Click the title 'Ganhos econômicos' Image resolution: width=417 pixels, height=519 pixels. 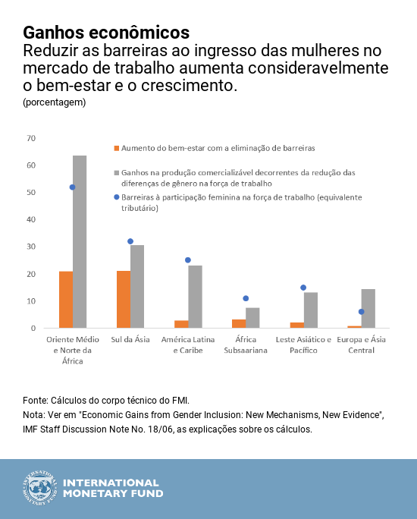[x=106, y=33]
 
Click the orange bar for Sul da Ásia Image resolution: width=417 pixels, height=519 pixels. [x=124, y=299]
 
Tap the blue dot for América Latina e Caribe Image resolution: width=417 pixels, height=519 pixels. [x=188, y=260]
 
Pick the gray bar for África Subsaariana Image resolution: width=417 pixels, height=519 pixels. [x=252, y=318]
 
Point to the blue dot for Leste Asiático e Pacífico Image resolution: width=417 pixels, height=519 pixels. [x=303, y=288]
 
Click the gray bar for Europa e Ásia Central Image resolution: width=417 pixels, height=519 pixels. [x=368, y=308]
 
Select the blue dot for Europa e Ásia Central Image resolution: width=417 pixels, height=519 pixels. [x=361, y=312]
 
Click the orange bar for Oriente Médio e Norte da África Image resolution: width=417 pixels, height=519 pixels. [x=66, y=300]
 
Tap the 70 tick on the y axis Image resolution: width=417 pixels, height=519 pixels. [x=31, y=138]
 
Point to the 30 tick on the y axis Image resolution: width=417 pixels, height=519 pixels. [x=31, y=247]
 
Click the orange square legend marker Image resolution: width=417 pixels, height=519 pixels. [x=116, y=148]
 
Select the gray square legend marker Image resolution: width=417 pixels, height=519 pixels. [x=116, y=173]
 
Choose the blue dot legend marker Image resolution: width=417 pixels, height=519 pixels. [x=116, y=197]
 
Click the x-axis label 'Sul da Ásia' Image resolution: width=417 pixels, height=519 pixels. [x=130, y=340]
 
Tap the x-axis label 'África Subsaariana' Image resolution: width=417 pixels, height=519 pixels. [x=246, y=345]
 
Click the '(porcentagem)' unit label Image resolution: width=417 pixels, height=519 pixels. [x=54, y=102]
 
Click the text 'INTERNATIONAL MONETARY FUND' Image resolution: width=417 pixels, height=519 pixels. [x=111, y=489]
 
